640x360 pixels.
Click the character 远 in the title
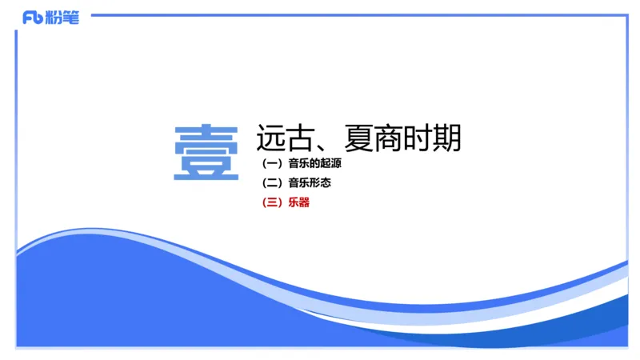pos(270,139)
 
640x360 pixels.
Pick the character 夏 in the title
pos(357,139)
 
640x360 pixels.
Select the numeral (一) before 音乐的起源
pos(272,164)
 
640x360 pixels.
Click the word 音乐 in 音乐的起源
pos(298,164)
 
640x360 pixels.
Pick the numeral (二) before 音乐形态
pos(272,183)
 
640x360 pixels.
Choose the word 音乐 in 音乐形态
pos(298,183)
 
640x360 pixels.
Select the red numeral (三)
pos(272,202)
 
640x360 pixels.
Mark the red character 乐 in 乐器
pos(293,202)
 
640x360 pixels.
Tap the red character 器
pos(303,202)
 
